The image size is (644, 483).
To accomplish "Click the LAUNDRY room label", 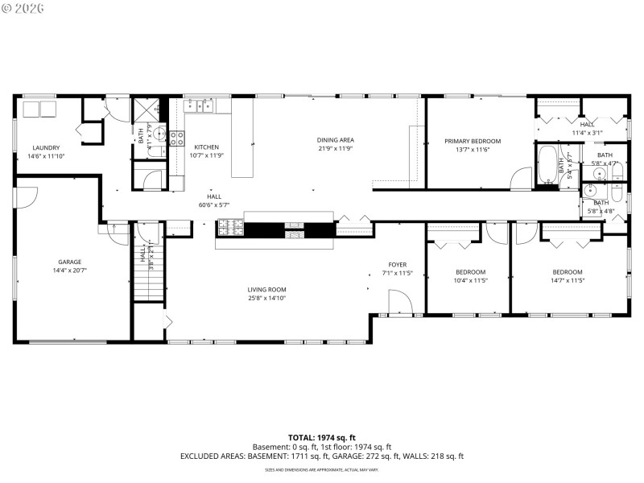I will [x=46, y=147].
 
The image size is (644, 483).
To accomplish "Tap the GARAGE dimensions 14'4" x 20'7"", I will [x=70, y=271].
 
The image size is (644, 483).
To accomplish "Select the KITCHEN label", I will [x=206, y=147].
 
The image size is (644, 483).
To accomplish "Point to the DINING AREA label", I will [x=335, y=140].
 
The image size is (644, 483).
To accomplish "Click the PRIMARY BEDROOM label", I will [x=473, y=141].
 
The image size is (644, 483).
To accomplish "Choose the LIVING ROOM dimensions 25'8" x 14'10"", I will [x=266, y=299].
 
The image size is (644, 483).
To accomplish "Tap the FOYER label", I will [x=397, y=264].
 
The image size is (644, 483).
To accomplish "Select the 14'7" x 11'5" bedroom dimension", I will [x=567, y=280].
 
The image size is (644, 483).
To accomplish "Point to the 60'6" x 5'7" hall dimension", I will [x=214, y=205].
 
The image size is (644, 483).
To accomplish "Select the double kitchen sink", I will [x=199, y=105].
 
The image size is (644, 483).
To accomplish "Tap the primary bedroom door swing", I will [x=521, y=179].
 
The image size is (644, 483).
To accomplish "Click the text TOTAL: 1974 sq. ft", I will [x=322, y=437].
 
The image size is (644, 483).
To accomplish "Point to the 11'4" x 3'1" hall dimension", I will [x=587, y=133].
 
